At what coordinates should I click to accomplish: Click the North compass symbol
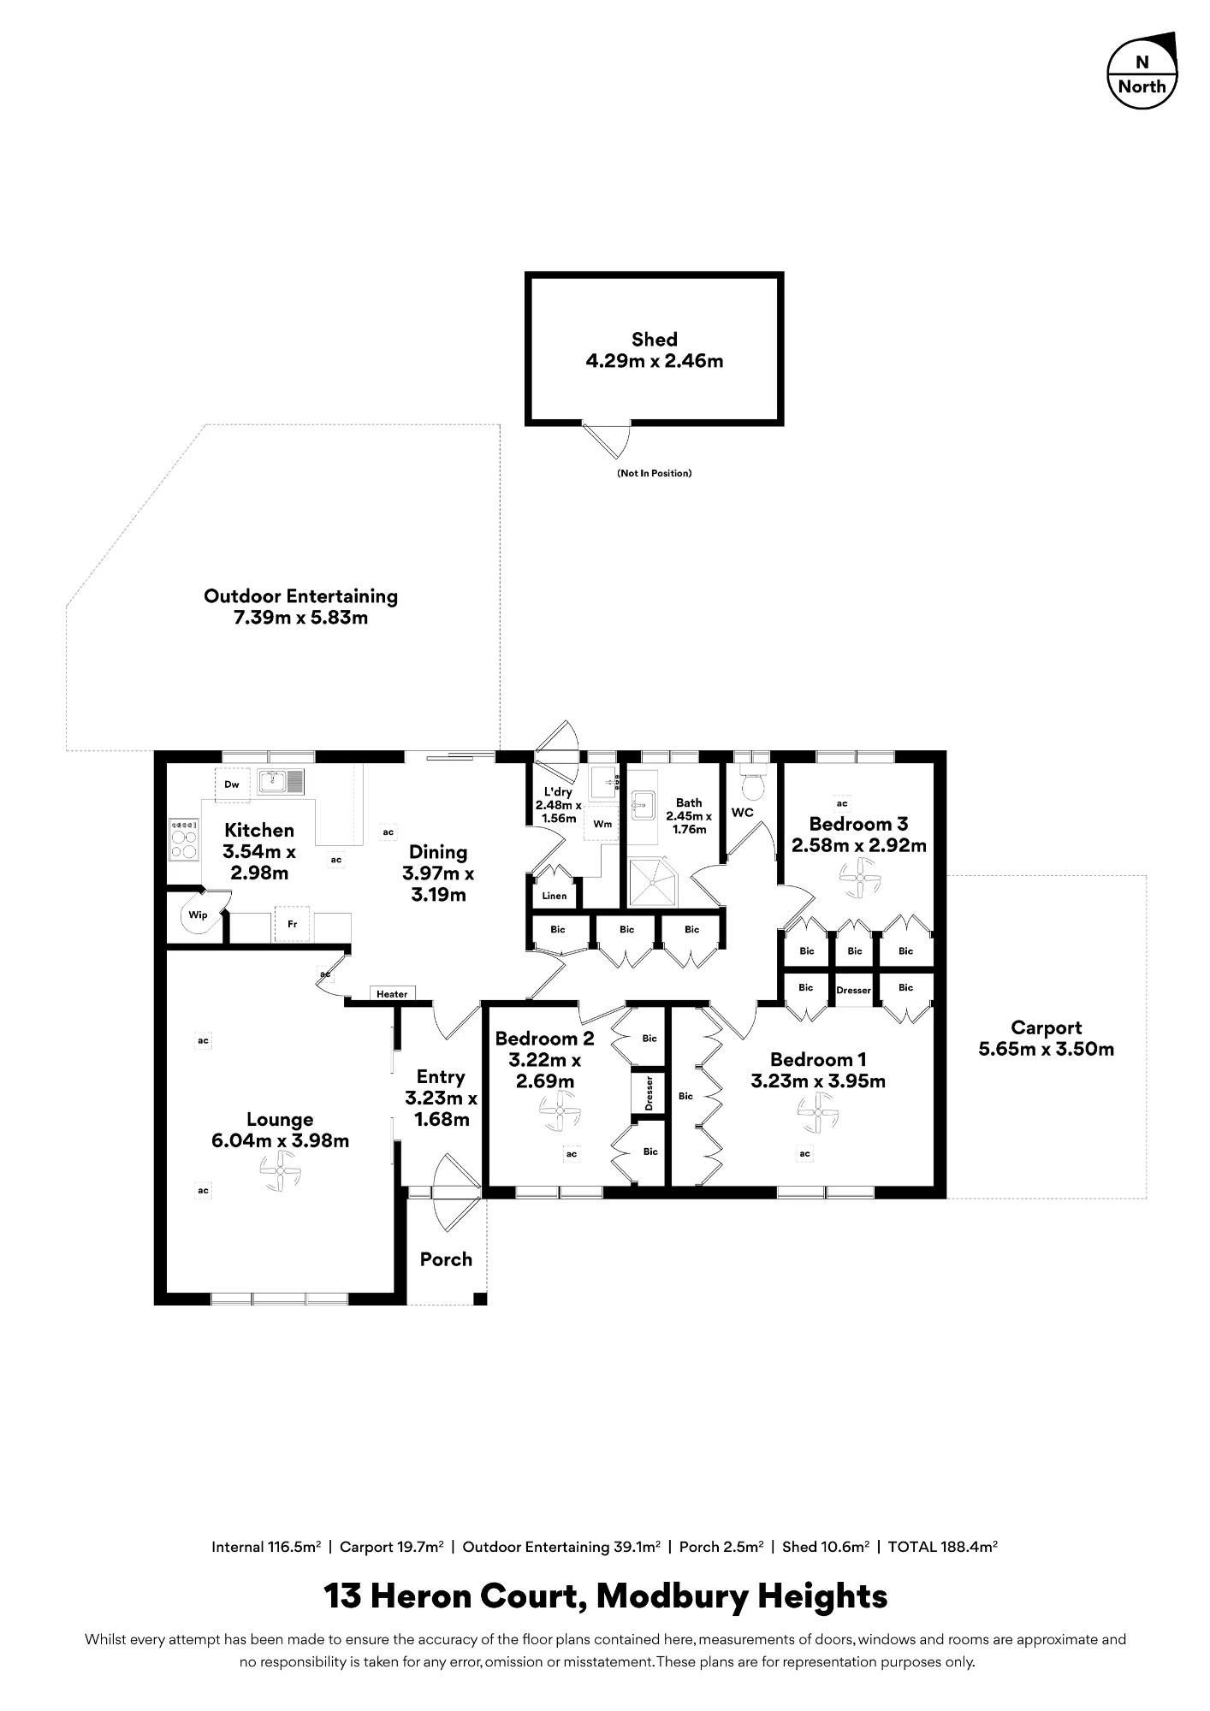pos(1142,74)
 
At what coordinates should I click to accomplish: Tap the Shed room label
pos(654,340)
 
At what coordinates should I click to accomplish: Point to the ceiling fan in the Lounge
pos(280,1170)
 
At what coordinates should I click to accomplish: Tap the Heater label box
pos(392,993)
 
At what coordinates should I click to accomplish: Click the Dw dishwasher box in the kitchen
pos(231,784)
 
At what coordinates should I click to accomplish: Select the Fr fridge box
pos(292,925)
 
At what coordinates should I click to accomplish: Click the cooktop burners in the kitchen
pos(184,839)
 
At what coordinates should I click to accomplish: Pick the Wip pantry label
pos(198,915)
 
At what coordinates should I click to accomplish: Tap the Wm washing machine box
pos(602,825)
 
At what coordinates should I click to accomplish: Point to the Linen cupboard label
pos(555,896)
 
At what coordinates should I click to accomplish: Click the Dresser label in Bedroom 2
pos(649,1093)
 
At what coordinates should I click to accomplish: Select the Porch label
pos(446,1259)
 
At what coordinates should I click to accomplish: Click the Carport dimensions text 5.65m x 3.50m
pos(1047,1049)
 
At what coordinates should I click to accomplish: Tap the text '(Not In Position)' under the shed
pos(654,473)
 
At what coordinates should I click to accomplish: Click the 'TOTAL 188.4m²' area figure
pos(943,1546)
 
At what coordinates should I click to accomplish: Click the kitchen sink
pos(282,781)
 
